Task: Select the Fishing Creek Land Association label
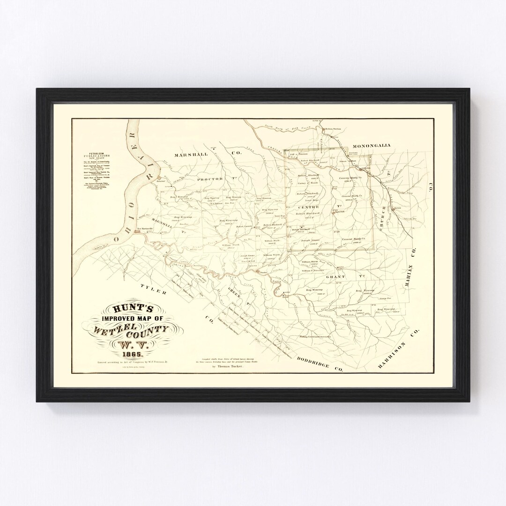click(x=315, y=336)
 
